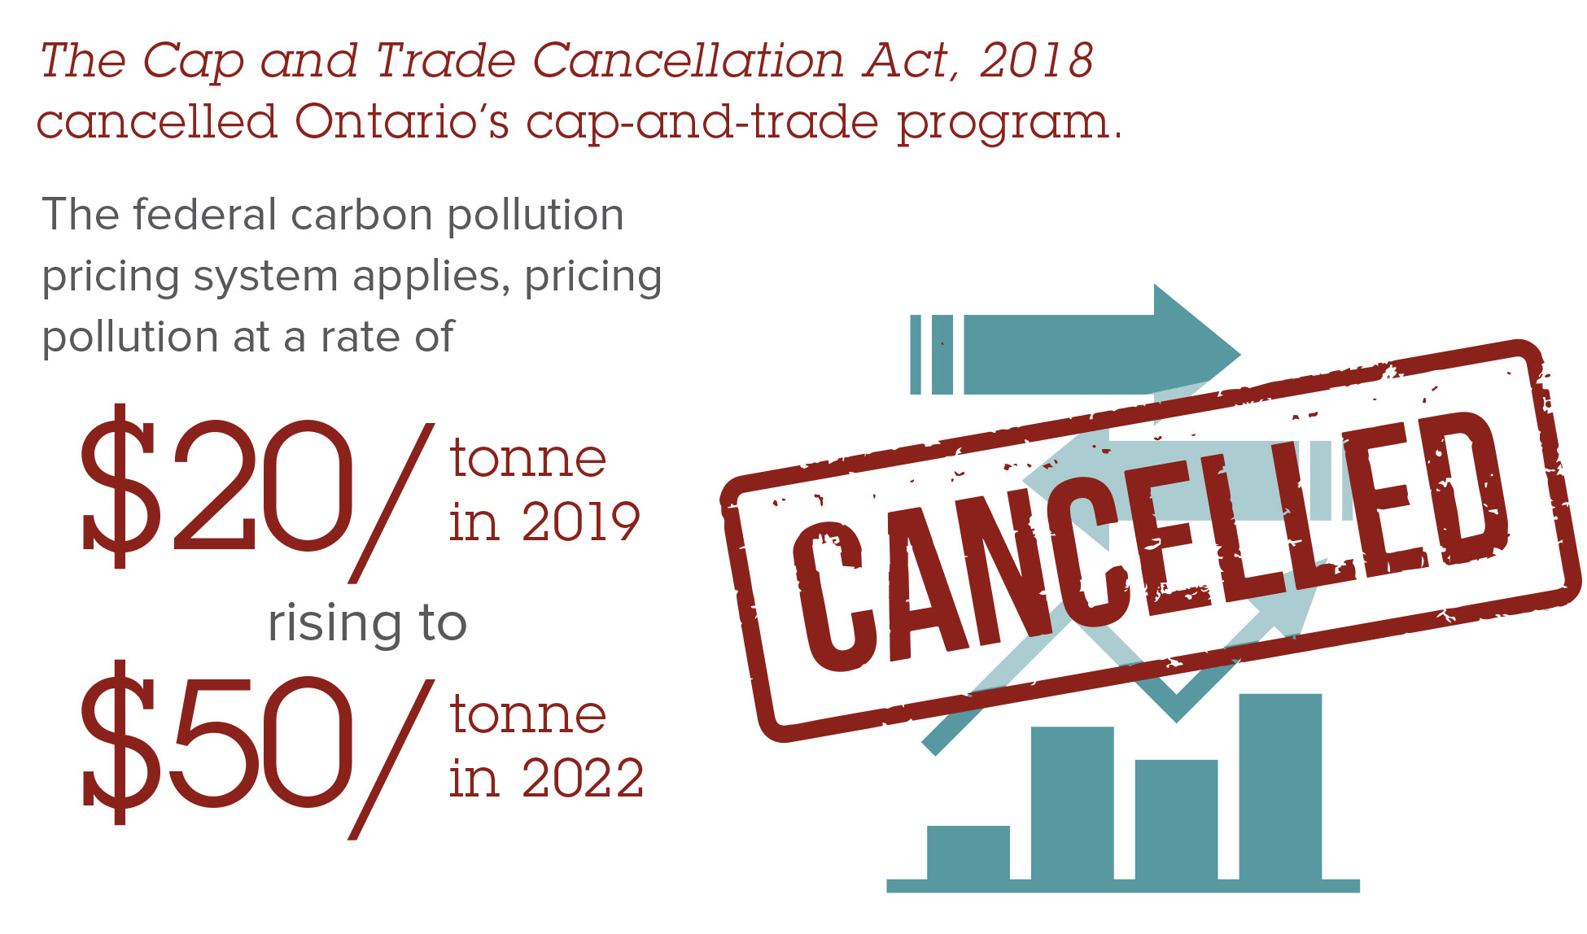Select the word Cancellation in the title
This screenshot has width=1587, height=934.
689,61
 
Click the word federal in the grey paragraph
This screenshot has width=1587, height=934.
204,216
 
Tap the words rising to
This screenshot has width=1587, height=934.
367,624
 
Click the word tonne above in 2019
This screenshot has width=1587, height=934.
528,459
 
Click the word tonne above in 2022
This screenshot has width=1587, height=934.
528,715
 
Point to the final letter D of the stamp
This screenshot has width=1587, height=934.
1465,488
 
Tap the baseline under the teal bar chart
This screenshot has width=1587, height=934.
1122,885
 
